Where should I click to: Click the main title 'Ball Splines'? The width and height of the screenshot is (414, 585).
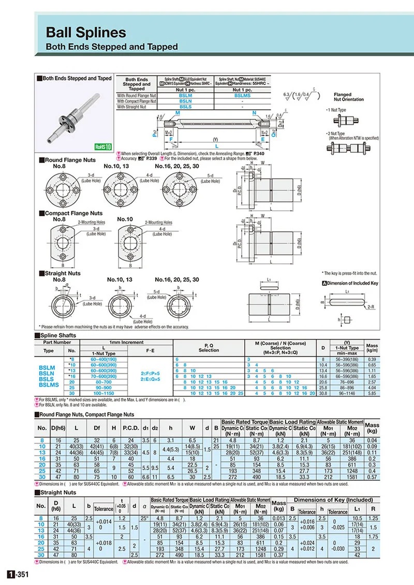86,33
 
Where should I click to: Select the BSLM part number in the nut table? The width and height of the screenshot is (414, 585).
185,95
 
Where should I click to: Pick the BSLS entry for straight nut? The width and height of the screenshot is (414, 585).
185,107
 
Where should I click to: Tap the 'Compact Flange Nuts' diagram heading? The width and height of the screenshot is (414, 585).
73,213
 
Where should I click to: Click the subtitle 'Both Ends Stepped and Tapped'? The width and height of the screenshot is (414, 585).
112,47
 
